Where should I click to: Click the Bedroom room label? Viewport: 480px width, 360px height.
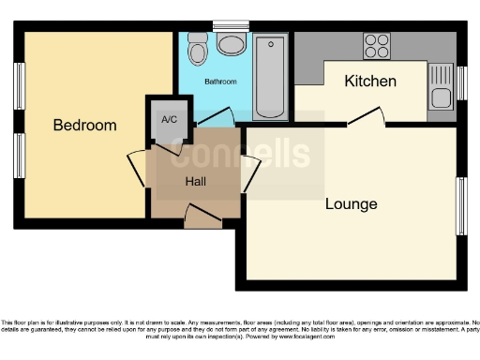[x=84, y=125]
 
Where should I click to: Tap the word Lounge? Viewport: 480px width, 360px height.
[x=352, y=203]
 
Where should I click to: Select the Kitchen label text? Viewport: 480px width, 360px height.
[x=370, y=81]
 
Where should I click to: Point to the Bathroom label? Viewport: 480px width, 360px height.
[x=221, y=82]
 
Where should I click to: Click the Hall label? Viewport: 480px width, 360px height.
[x=196, y=181]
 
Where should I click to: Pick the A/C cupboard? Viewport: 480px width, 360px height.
[x=170, y=120]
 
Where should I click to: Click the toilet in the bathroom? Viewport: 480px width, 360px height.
[x=197, y=48]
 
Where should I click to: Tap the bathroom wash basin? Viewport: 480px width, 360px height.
[x=230, y=42]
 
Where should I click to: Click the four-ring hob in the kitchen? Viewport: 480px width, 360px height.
[x=377, y=46]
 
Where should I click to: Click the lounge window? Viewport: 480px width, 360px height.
[x=461, y=205]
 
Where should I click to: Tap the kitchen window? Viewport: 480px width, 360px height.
[x=461, y=82]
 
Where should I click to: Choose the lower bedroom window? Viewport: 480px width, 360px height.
[x=19, y=156]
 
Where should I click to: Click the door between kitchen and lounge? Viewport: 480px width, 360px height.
[x=366, y=116]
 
